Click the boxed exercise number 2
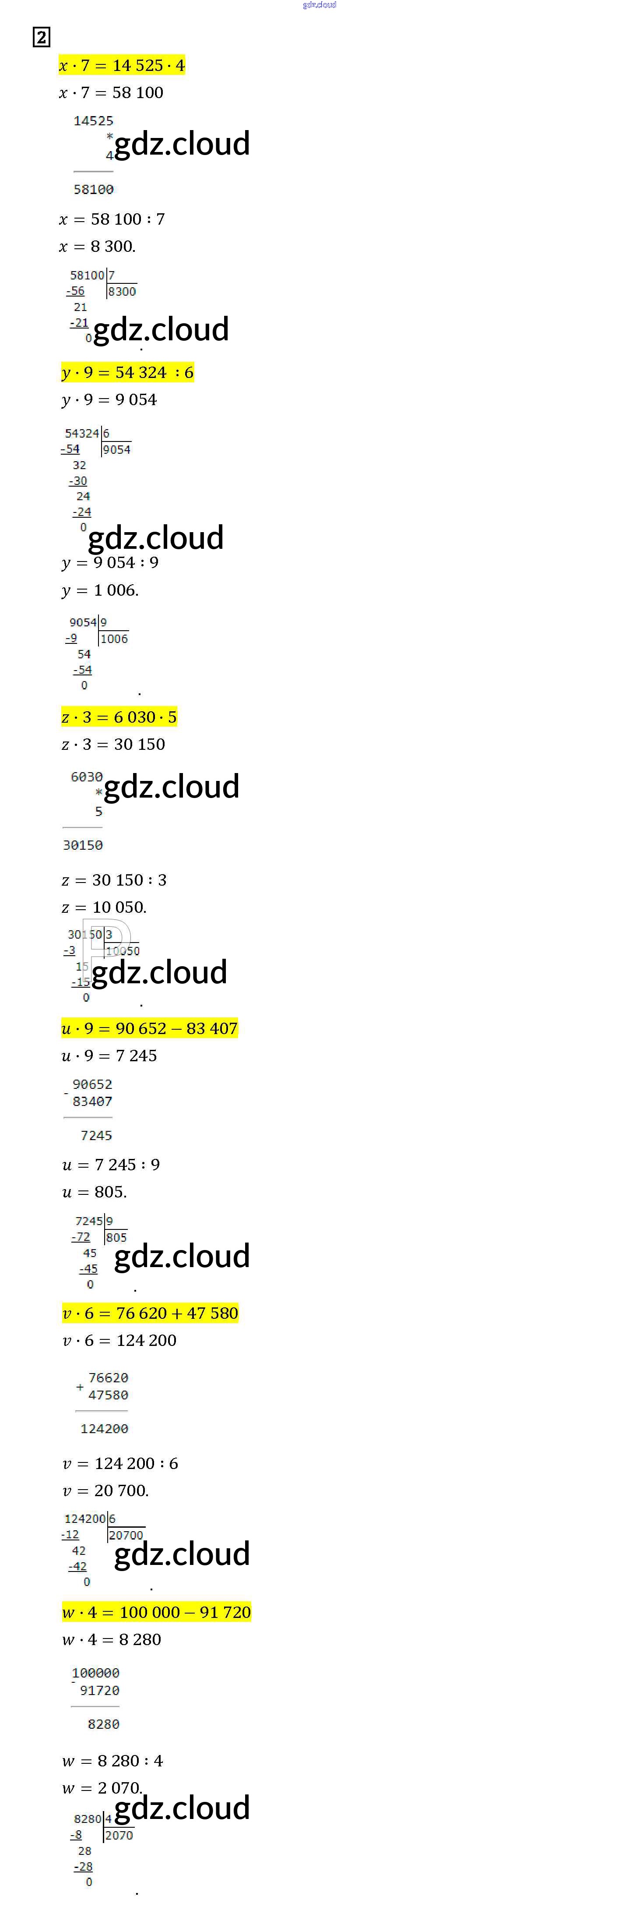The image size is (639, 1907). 42,37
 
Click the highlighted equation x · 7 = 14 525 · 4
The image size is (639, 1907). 122,65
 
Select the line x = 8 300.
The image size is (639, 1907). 97,246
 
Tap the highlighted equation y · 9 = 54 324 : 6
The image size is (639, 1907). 127,372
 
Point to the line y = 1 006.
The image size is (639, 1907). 100,590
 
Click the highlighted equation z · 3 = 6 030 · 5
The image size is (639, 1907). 119,717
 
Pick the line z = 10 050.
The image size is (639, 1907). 104,907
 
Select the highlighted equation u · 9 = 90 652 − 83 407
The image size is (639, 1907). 149,1028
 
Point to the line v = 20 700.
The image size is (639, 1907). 105,1490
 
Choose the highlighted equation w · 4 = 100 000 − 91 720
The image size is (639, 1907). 156,1612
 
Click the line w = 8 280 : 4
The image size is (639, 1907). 112,1760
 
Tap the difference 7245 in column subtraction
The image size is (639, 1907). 96,1135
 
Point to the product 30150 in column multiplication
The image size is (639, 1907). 83,845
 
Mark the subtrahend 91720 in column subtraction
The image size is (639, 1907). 99,1690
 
